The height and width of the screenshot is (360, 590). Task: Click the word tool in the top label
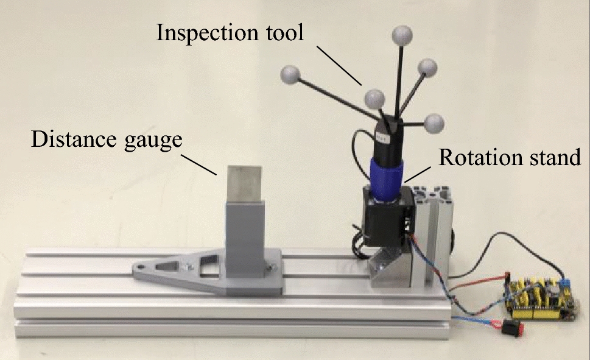click(284, 32)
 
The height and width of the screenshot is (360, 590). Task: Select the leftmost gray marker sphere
click(290, 76)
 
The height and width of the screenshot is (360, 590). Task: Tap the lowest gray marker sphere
click(434, 124)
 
